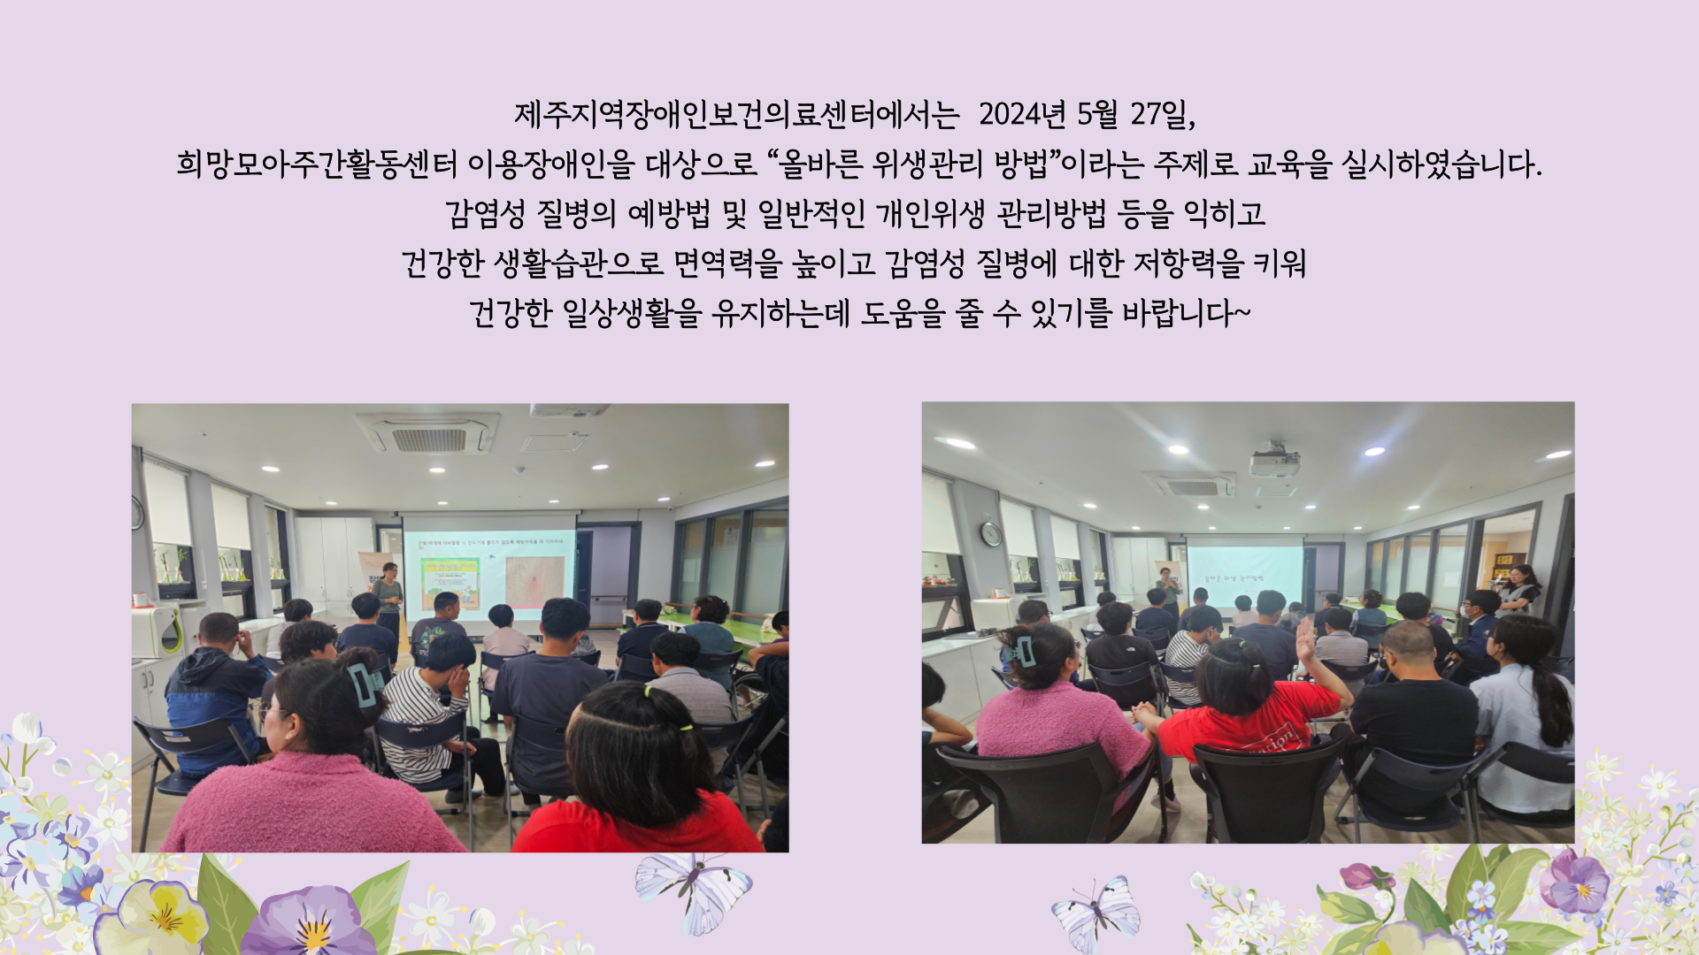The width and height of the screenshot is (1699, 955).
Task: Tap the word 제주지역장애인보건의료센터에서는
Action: tap(737, 114)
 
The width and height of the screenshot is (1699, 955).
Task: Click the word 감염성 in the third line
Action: tap(485, 213)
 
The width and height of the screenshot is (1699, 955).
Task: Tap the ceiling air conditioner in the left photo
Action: tap(430, 435)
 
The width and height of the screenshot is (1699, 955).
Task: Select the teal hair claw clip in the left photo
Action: tap(365, 682)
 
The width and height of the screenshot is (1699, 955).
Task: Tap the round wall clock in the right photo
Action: tap(991, 534)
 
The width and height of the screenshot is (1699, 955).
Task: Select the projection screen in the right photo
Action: tap(1245, 573)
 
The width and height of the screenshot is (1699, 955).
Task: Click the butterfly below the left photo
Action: tap(693, 890)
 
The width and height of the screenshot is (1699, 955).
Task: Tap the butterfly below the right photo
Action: tap(1096, 913)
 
